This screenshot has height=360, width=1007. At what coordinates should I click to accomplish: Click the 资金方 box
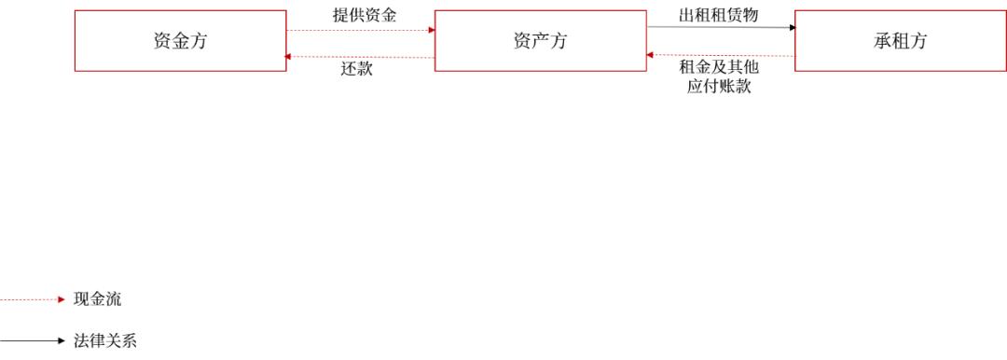tap(180, 41)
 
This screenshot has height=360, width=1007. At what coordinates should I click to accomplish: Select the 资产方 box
tap(540, 41)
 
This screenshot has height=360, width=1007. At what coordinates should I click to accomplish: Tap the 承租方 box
tap(900, 41)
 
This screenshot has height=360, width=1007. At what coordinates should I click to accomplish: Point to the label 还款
tap(357, 69)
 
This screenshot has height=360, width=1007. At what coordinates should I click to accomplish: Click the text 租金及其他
tap(719, 68)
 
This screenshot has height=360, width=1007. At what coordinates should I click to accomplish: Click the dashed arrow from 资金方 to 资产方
tap(359, 30)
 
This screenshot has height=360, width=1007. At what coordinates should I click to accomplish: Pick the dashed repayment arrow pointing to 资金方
tap(359, 57)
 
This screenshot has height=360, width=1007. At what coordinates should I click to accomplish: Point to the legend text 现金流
tap(97, 300)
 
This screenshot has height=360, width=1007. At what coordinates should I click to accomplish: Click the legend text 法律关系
tap(104, 340)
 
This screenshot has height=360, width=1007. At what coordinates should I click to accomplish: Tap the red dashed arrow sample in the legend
tap(33, 300)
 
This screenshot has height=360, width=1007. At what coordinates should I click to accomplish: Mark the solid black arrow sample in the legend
tap(33, 340)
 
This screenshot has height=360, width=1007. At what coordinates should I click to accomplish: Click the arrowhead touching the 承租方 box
tap(792, 28)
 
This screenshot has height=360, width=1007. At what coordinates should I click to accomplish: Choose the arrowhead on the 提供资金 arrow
tap(431, 30)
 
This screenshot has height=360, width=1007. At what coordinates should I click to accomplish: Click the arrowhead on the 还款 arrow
tap(290, 56)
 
